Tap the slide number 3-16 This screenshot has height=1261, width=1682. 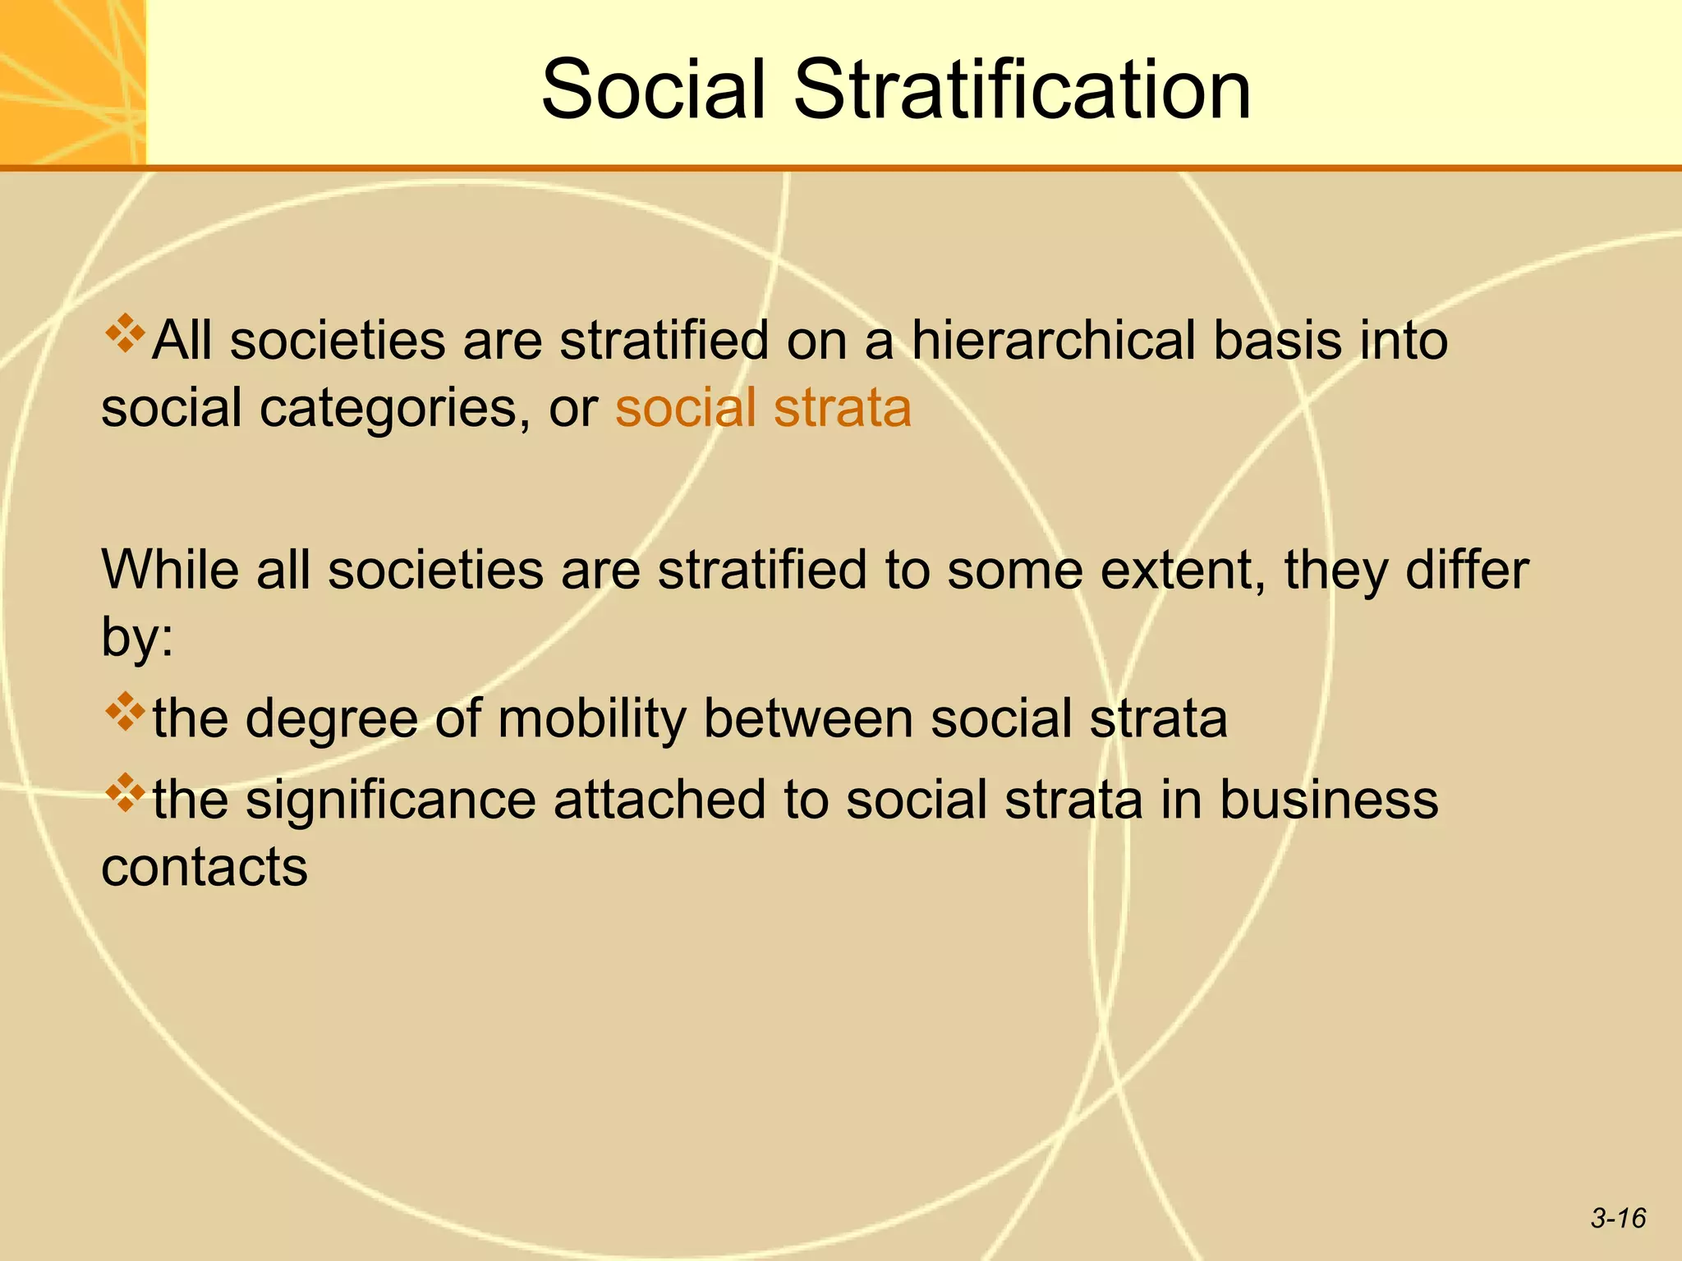coord(1618,1217)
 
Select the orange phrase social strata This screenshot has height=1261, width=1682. coord(763,408)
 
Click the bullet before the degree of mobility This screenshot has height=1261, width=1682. coord(124,712)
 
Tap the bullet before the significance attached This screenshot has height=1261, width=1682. coord(124,792)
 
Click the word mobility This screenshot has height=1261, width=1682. coord(591,719)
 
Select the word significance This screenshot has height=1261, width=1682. coord(391,800)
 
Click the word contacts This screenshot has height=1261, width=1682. coord(205,867)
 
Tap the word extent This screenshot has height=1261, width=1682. coord(1182,569)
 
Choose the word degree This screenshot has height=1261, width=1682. coord(332,719)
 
